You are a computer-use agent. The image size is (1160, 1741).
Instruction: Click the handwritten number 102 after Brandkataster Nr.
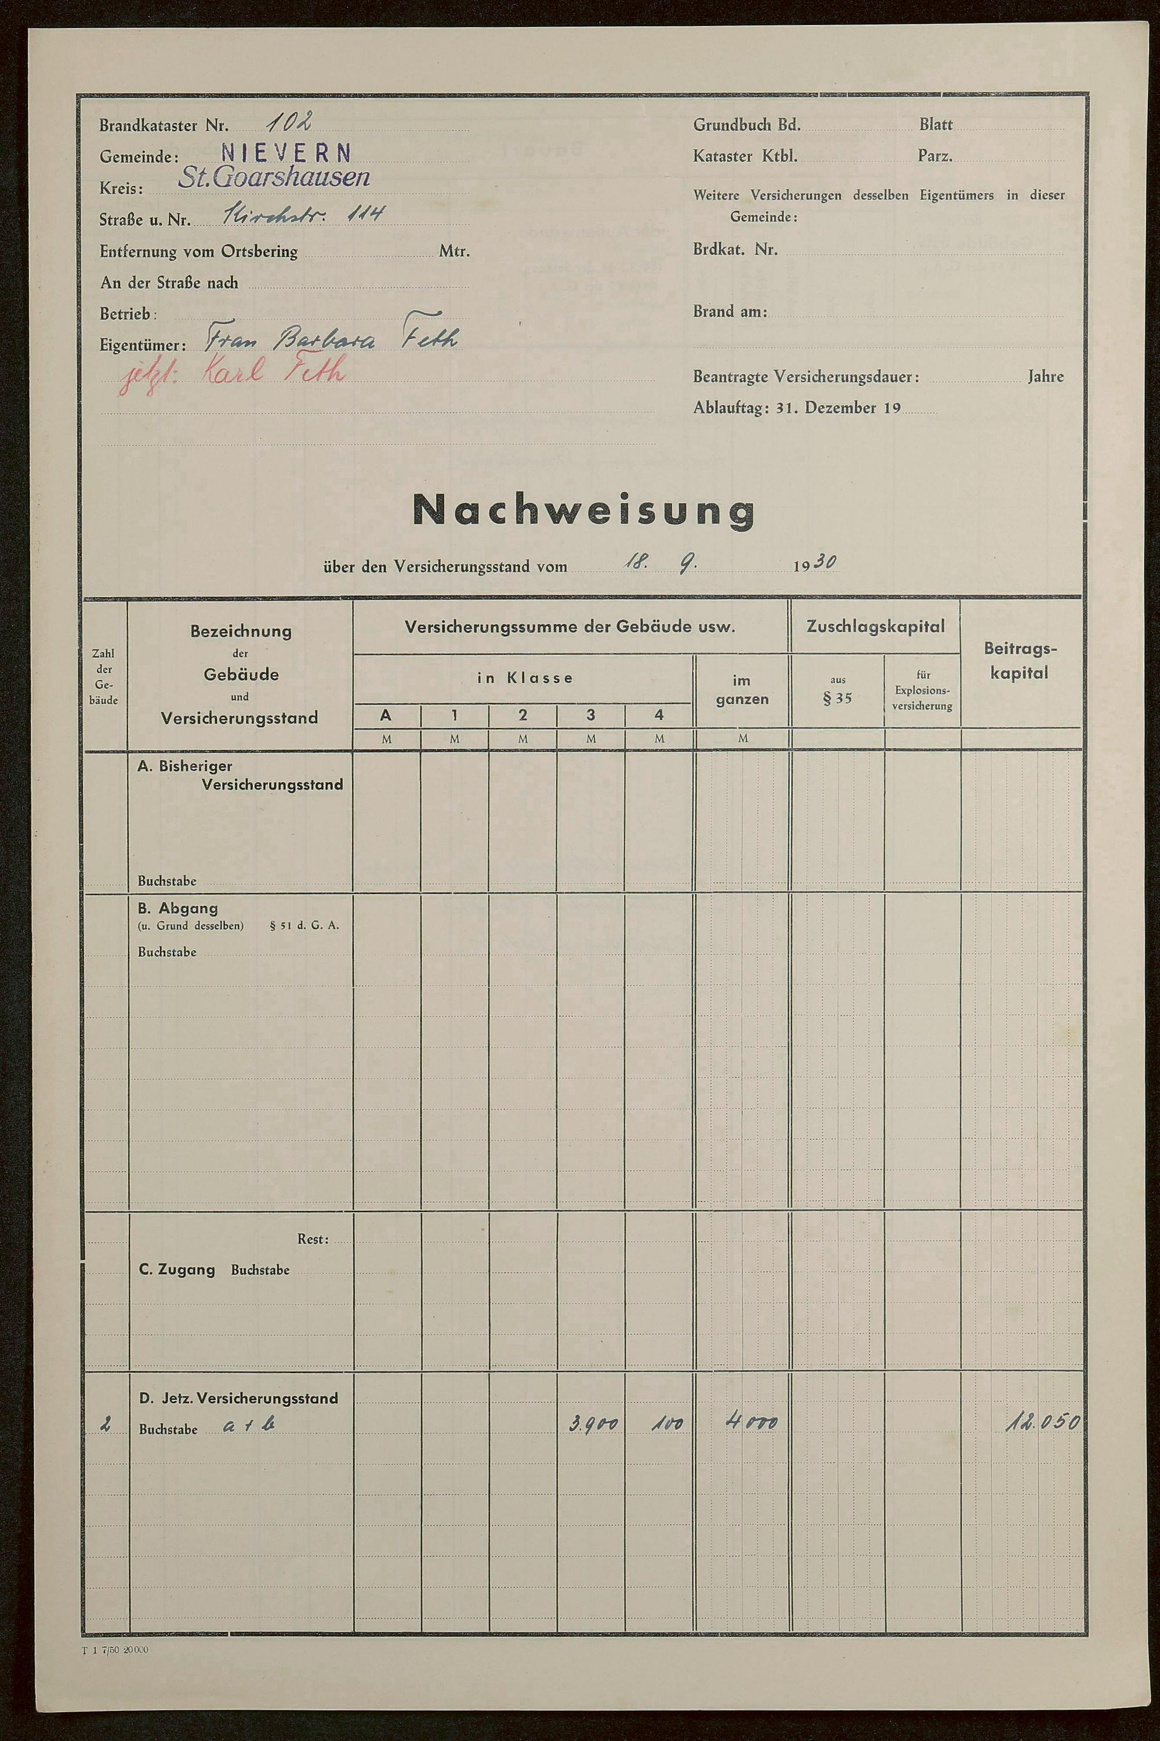290,121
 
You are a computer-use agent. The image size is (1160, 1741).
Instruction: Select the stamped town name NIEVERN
285,153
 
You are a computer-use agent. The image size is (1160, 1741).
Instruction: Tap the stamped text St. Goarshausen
273,178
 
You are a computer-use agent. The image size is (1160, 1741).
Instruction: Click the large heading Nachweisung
583,510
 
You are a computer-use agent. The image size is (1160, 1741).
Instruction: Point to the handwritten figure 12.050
1042,1422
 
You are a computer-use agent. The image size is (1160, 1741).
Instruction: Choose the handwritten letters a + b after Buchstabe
249,1425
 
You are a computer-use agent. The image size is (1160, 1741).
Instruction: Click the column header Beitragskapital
1020,661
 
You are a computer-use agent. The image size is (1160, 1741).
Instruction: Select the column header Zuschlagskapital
875,627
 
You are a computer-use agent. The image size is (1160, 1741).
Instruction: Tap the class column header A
386,715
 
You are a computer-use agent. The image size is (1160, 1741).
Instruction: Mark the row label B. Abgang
177,908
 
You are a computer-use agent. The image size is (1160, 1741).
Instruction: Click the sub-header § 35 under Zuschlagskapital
837,698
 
